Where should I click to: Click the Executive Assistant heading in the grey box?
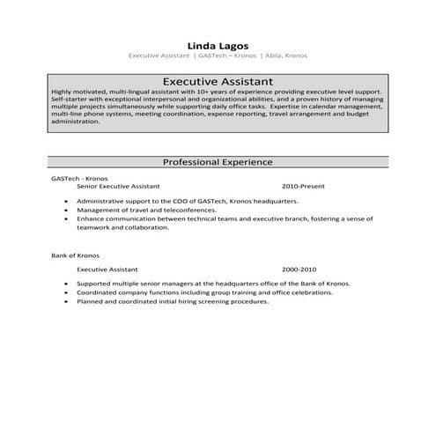[218, 80]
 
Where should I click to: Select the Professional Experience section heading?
[218, 162]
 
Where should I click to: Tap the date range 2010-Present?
[304, 188]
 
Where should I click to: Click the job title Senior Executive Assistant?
[118, 188]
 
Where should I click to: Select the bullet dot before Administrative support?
[67, 202]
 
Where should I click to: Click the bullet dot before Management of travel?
[67, 211]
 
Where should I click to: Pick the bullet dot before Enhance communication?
[67, 219]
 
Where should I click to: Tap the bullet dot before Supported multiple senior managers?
[67, 284]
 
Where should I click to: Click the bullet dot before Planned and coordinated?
[67, 301]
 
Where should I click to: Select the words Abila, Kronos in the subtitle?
[289, 55]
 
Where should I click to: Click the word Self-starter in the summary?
[70, 100]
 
